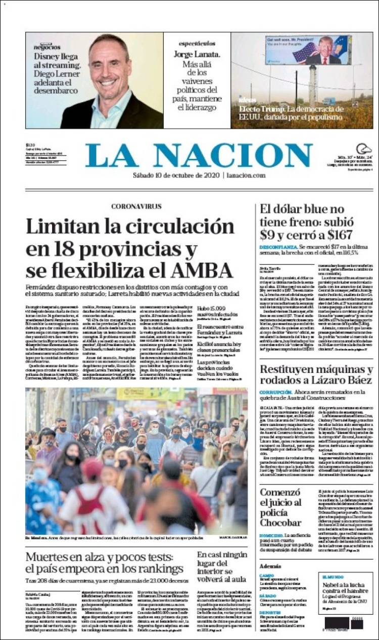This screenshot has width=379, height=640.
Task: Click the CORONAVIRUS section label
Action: pos(136,206)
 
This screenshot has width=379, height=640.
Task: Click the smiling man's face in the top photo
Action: pos(109,66)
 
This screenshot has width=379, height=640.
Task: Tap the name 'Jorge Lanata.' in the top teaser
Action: pos(197,54)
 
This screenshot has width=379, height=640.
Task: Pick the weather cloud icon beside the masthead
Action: pos(364,149)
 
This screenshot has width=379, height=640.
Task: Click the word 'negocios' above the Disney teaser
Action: pos(47,47)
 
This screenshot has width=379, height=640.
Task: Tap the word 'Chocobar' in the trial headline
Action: pos(281,523)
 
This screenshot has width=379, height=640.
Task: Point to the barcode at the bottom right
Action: pos(344,623)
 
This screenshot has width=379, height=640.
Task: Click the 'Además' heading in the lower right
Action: pos(270,566)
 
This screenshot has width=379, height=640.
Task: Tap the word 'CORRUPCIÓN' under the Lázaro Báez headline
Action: pos(275,392)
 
